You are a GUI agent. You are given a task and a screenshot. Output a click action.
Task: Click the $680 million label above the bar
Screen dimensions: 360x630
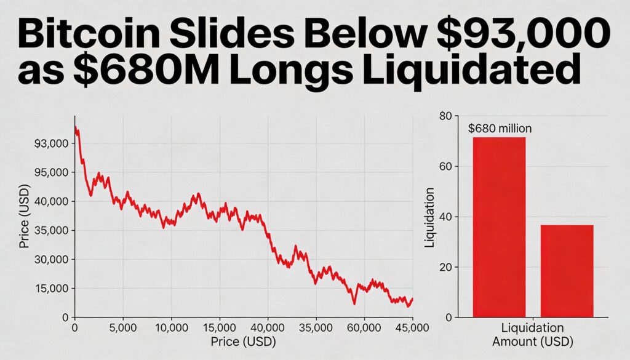coord(500,129)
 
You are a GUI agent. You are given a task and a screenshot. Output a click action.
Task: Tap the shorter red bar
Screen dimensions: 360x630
coord(567,271)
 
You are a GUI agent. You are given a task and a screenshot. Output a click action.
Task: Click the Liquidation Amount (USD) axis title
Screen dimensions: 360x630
coord(533,334)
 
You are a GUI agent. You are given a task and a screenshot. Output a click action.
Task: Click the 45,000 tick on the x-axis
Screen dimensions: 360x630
coord(411,328)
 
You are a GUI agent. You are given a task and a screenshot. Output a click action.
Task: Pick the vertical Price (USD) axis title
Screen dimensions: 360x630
coord(25,215)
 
